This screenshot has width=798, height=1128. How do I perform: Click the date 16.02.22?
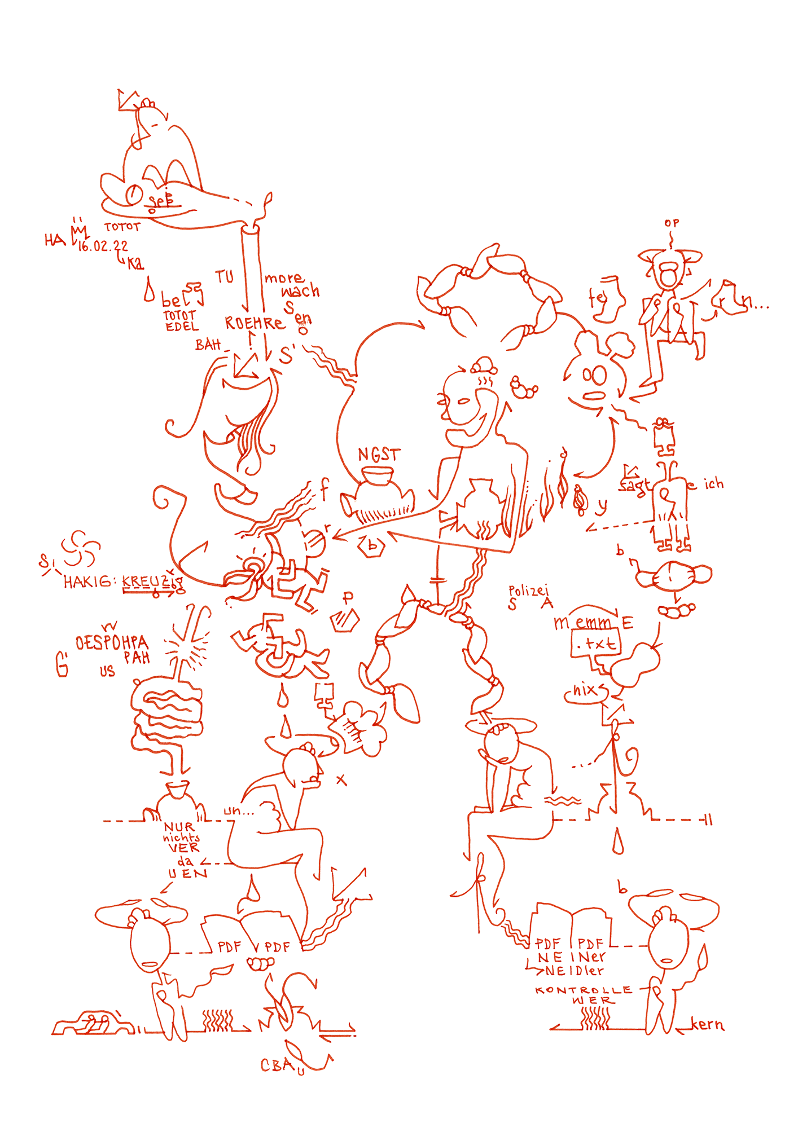[x=103, y=246]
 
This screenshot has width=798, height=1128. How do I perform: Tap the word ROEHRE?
[x=255, y=323]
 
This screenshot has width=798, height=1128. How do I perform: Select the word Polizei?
[x=528, y=591]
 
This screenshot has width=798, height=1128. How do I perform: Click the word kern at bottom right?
[x=707, y=1024]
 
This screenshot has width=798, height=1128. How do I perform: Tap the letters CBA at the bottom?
[x=277, y=1065]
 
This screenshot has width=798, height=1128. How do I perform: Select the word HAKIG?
[x=87, y=582]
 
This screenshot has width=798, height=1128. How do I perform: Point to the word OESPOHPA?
[x=112, y=643]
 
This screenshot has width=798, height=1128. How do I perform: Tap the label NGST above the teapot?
[x=379, y=455]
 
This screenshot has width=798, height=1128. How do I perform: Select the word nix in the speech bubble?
[x=585, y=690]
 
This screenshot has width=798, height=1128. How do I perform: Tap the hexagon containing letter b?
[x=372, y=546]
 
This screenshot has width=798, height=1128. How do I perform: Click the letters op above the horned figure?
[x=672, y=223]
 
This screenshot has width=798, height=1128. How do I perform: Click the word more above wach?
[x=284, y=278]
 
